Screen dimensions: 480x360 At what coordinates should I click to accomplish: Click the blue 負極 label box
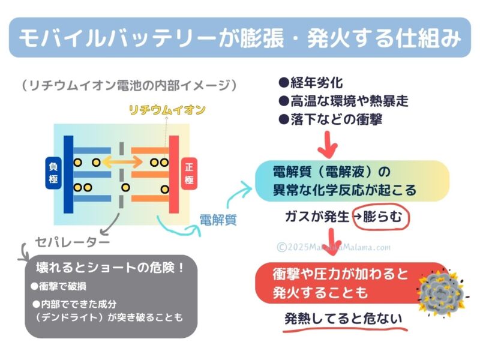(x=53, y=173)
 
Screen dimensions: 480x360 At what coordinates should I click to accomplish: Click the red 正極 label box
(x=189, y=173)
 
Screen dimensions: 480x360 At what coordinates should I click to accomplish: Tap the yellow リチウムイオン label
(x=167, y=110)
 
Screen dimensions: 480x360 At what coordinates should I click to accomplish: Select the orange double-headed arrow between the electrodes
(x=122, y=162)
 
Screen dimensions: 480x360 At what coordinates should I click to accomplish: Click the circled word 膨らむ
(x=382, y=217)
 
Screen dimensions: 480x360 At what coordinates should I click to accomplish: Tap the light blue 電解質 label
(x=218, y=220)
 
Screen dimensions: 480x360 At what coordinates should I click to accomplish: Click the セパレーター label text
(x=72, y=242)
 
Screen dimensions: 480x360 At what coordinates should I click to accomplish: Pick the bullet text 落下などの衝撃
(x=331, y=119)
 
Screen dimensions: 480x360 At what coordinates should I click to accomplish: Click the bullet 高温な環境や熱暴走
(x=343, y=101)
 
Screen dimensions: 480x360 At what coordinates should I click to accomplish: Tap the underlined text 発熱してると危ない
(x=343, y=319)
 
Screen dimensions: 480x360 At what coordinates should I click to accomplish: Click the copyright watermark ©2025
(x=334, y=247)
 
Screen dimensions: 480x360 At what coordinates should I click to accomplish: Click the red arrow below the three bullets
(x=328, y=144)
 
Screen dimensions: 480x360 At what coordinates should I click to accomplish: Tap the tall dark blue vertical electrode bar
(x=68, y=174)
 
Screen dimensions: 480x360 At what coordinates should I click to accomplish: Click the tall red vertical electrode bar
(x=174, y=174)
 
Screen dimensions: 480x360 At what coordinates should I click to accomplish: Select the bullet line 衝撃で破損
(x=58, y=286)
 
